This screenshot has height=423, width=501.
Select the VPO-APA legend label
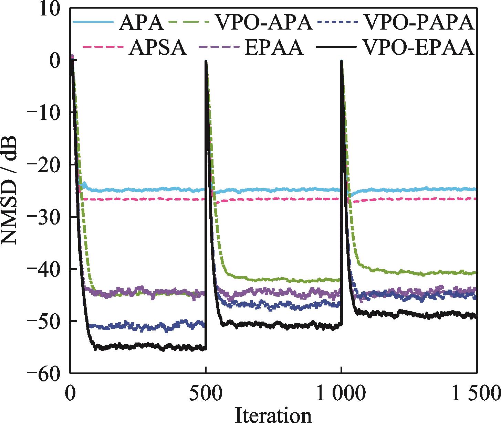pos(264,23)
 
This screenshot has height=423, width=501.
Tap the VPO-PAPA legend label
pos(419,23)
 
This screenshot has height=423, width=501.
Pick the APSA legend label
pos(158,48)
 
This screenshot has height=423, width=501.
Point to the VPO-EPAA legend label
pos(419,48)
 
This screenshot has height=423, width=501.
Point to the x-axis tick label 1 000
pos(341,392)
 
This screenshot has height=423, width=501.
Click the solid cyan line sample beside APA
pos(93,22)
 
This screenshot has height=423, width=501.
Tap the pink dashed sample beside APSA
pos(103,47)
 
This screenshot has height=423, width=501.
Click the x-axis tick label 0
pos(71,392)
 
